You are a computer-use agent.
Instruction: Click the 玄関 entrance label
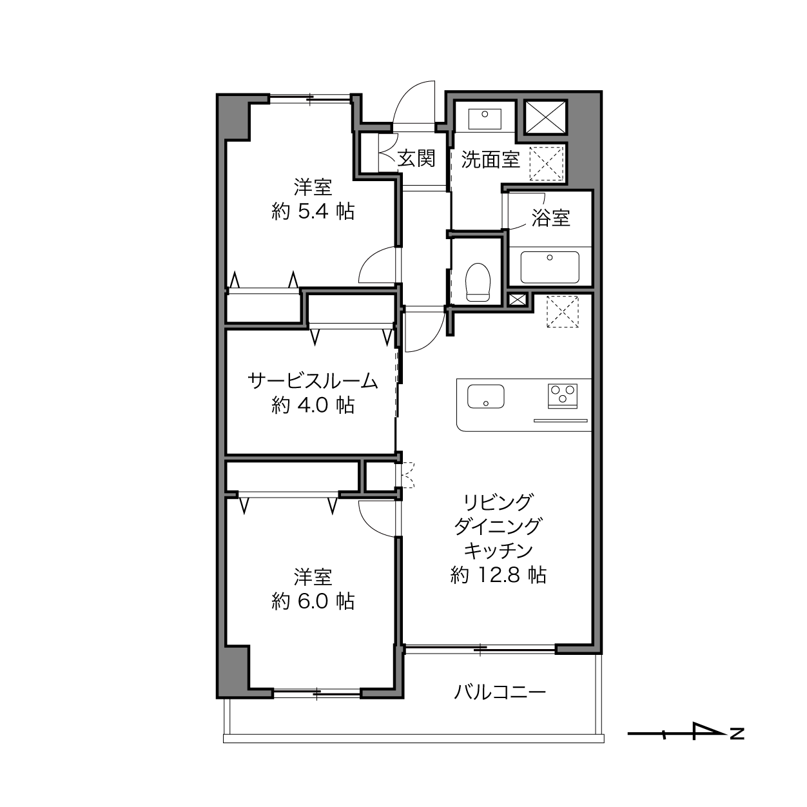pyautogui.click(x=416, y=159)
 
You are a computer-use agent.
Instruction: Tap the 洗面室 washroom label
pyautogui.click(x=491, y=160)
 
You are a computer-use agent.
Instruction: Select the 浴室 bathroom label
pyautogui.click(x=550, y=218)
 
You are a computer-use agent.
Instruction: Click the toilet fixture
pyautogui.click(x=478, y=282)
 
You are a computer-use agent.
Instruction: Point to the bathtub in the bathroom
pyautogui.click(x=550, y=267)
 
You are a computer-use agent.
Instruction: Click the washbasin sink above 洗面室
pyautogui.click(x=485, y=119)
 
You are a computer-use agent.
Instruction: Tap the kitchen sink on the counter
pyautogui.click(x=486, y=396)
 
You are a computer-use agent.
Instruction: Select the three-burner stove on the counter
pyautogui.click(x=563, y=396)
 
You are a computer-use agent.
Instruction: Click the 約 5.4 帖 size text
pyautogui.click(x=313, y=211)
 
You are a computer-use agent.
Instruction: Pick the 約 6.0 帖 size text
pyautogui.click(x=313, y=601)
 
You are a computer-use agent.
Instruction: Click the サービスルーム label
pyautogui.click(x=313, y=381)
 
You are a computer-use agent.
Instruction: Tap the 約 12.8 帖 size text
pyautogui.click(x=498, y=575)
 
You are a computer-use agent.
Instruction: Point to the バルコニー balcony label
pyautogui.click(x=500, y=692)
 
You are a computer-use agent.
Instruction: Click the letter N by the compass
pyautogui.click(x=737, y=734)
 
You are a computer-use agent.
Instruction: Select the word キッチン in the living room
pyautogui.click(x=498, y=550)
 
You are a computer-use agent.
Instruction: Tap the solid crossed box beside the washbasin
pyautogui.click(x=546, y=118)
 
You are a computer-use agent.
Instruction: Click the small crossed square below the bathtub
pyautogui.click(x=517, y=300)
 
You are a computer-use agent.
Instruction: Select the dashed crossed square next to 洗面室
pyautogui.click(x=547, y=164)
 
